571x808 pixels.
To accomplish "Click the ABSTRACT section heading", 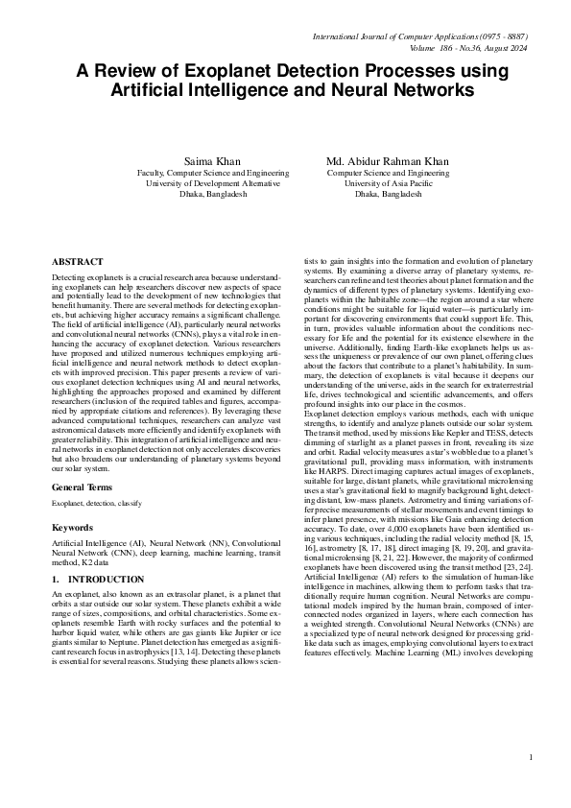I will click(x=78, y=261).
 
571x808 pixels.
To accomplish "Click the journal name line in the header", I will click(x=419, y=36).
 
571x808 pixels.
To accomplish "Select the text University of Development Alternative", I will click(x=207, y=183).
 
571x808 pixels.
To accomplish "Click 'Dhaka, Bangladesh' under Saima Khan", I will click(x=207, y=194).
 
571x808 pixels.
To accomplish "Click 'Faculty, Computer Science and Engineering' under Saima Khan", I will click(x=207, y=173).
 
